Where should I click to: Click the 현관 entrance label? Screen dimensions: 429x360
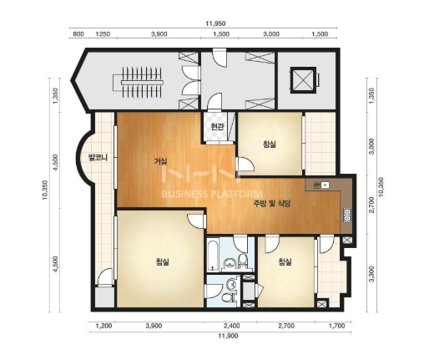click(x=217, y=127)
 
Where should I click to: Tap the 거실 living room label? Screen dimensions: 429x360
click(x=161, y=161)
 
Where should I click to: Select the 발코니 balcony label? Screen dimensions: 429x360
click(x=98, y=158)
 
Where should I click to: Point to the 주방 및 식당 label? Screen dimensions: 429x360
click(x=272, y=204)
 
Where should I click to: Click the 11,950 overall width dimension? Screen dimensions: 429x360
click(x=215, y=23)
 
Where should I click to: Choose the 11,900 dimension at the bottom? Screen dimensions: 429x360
click(x=228, y=336)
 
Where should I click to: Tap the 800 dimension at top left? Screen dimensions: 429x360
click(x=78, y=34)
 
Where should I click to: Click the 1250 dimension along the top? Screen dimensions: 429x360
click(x=103, y=34)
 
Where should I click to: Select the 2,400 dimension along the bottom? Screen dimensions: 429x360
click(x=232, y=326)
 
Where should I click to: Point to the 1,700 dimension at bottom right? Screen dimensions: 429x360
click(x=336, y=326)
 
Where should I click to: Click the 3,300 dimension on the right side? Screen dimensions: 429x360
click(x=371, y=274)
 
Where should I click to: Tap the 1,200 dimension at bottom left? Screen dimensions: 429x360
click(x=103, y=326)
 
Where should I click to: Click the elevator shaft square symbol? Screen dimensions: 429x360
click(x=304, y=80)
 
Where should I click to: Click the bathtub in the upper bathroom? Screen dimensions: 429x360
click(x=213, y=254)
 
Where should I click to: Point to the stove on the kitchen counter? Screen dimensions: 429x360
click(x=347, y=215)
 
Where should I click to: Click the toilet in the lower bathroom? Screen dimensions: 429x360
click(x=228, y=297)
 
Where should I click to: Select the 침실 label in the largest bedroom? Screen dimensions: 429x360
click(x=163, y=261)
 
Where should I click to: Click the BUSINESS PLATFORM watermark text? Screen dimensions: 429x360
click(x=212, y=194)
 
